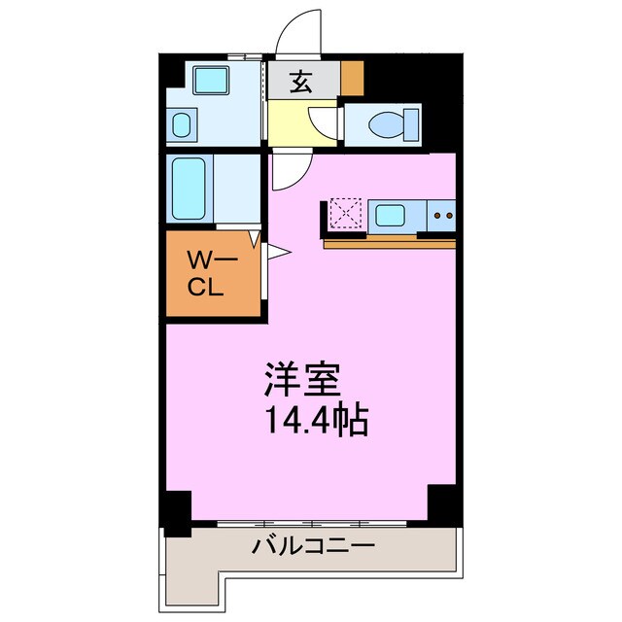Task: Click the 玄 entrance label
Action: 302,83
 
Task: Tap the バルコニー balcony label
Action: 313,547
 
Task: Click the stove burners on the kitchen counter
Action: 442,215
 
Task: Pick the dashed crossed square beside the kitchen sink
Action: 345,214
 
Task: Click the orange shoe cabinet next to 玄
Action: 351,78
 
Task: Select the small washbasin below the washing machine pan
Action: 182,123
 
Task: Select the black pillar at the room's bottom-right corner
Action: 443,502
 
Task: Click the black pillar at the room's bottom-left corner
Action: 176,512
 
